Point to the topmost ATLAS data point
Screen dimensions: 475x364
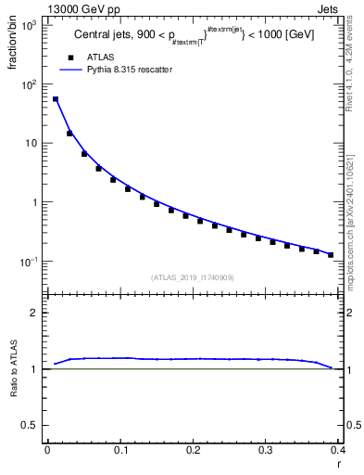click(x=55, y=99)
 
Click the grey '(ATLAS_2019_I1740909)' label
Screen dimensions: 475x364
click(x=192, y=277)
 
